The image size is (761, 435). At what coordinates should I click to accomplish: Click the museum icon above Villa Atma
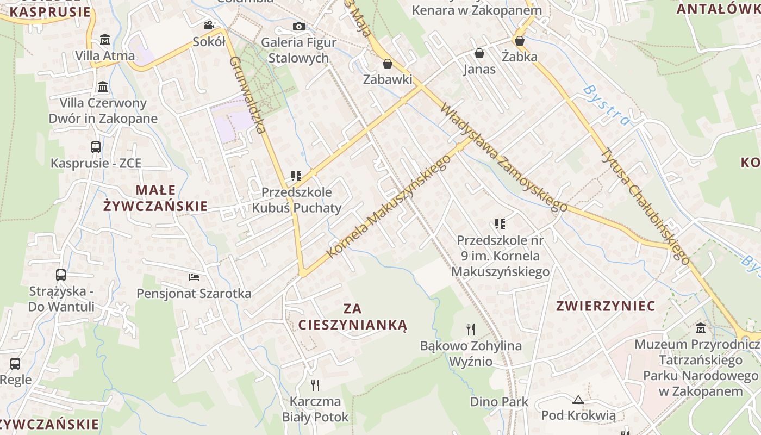click(x=105, y=40)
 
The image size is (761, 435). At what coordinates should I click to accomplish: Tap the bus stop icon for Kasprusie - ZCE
click(x=96, y=147)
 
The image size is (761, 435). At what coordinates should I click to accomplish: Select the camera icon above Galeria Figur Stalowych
click(x=298, y=26)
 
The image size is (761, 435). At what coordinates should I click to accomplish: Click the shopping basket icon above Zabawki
click(x=388, y=64)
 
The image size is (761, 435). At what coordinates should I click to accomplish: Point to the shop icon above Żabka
click(x=519, y=41)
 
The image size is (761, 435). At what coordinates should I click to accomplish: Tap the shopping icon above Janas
click(x=479, y=53)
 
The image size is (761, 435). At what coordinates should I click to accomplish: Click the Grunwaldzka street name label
click(x=247, y=95)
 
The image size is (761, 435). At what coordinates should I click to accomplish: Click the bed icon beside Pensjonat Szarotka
click(x=194, y=277)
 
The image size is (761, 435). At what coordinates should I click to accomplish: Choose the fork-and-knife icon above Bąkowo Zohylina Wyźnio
click(x=471, y=330)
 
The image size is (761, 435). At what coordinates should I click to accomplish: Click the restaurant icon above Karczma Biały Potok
click(x=315, y=386)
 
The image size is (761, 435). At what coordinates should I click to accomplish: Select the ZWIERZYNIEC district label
click(x=606, y=306)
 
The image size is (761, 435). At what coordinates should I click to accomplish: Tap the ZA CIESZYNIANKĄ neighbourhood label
click(x=353, y=317)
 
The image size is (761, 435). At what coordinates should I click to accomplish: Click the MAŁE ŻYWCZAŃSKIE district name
click(x=155, y=198)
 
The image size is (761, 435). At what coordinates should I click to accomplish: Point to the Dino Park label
click(x=499, y=402)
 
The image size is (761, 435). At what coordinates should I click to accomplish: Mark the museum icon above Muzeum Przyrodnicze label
click(x=701, y=328)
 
